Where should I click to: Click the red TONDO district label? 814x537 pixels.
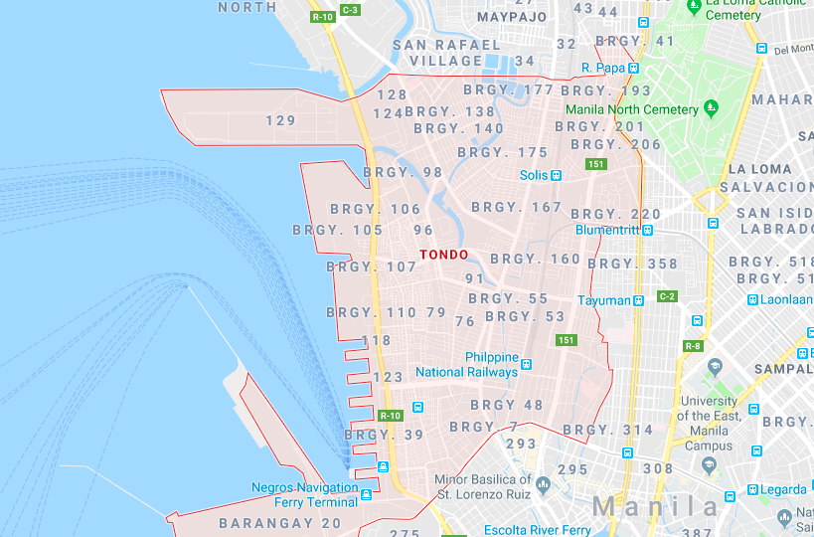[x=443, y=255]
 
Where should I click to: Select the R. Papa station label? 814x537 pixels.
[x=603, y=68]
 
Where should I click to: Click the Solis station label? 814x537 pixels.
[x=534, y=175]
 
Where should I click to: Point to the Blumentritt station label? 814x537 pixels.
[x=606, y=230]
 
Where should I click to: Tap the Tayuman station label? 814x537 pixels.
[x=604, y=300]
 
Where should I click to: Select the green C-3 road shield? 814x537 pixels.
[x=350, y=10]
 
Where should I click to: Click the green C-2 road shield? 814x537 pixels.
[x=666, y=297]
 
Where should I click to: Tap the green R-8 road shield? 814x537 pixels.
[x=693, y=346]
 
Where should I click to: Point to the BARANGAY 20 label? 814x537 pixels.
[x=279, y=523]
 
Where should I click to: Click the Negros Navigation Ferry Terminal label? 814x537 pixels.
[x=304, y=494]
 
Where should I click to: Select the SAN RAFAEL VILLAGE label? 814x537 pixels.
[x=446, y=53]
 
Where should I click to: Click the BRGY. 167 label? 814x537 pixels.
[x=517, y=207]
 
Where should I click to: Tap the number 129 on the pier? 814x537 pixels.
[x=281, y=120]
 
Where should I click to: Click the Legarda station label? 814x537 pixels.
[x=784, y=489]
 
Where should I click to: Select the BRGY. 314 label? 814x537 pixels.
[x=608, y=430]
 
